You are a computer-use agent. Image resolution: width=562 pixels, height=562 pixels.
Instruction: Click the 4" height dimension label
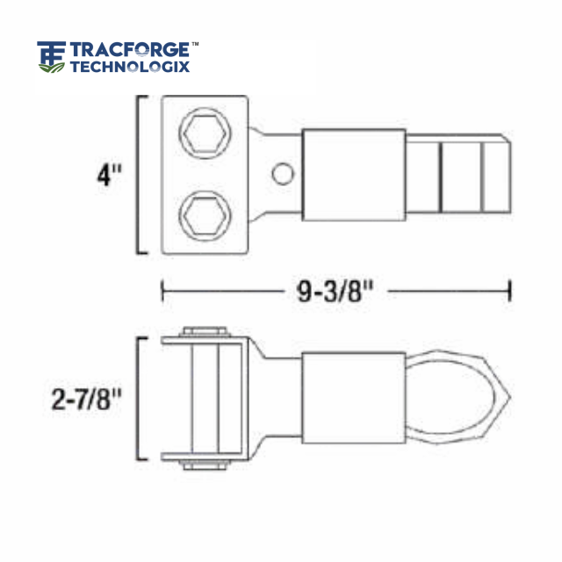(110, 176)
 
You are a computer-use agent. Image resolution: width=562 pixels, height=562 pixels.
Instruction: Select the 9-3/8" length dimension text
(330, 291)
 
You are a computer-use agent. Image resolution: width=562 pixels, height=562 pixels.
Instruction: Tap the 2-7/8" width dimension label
(85, 400)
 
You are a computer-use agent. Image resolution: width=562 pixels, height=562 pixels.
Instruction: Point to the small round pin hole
(281, 174)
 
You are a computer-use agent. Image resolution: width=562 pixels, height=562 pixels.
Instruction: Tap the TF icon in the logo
(51, 56)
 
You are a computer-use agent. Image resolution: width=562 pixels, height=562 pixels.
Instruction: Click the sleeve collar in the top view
(353, 175)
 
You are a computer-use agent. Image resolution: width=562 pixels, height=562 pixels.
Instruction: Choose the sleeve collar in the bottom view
(353, 398)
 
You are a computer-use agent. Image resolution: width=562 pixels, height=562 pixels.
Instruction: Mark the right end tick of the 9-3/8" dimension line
(509, 291)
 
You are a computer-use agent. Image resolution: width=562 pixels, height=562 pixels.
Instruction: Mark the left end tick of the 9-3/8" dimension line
(162, 291)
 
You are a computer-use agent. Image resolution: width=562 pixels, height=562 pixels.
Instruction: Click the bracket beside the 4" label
(138, 176)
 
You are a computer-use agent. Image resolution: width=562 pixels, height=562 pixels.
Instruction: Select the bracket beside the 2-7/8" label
(138, 399)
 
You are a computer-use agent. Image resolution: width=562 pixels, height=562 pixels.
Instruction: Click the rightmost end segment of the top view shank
(496, 174)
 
